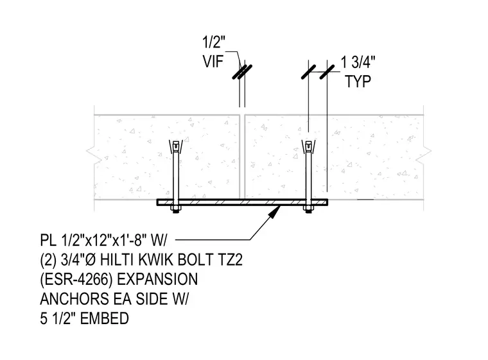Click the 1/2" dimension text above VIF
coord(213,42)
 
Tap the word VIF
coord(213,62)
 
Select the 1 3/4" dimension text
coord(358,62)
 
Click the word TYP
coord(358,81)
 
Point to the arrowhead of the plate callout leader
coord(275,211)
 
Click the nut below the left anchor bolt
coord(175,209)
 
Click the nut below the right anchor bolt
coord(308,209)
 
